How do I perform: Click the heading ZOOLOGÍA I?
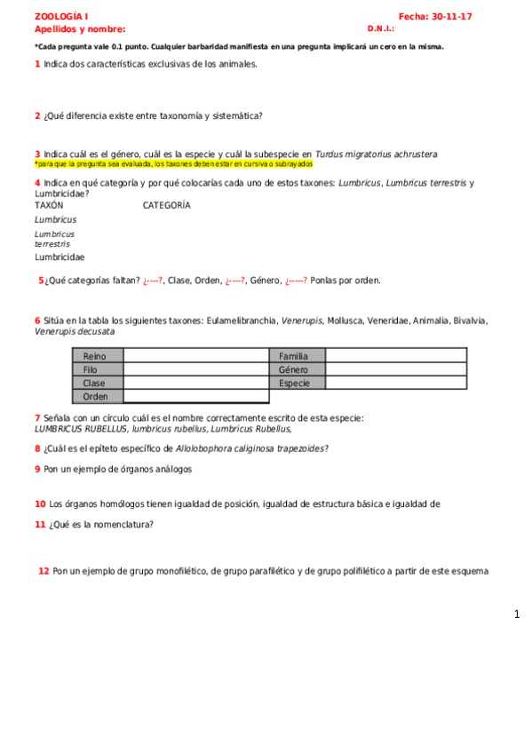[x=60, y=17]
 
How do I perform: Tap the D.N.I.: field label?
[x=380, y=28]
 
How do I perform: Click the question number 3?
[x=37, y=154]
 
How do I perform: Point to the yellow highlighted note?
[x=174, y=164]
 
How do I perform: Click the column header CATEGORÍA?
[x=166, y=205]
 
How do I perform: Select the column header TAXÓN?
[x=49, y=205]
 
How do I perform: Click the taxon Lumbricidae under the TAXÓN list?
[x=60, y=257]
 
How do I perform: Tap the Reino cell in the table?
[x=97, y=356]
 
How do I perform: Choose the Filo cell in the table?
[x=97, y=369]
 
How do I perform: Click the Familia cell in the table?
[x=297, y=356]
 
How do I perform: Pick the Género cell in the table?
[x=297, y=369]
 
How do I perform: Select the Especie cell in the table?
[x=297, y=383]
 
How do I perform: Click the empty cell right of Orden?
[x=195, y=396]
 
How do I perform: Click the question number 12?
[x=44, y=571]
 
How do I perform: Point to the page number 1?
[x=517, y=614]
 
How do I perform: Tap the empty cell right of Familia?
[x=396, y=356]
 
